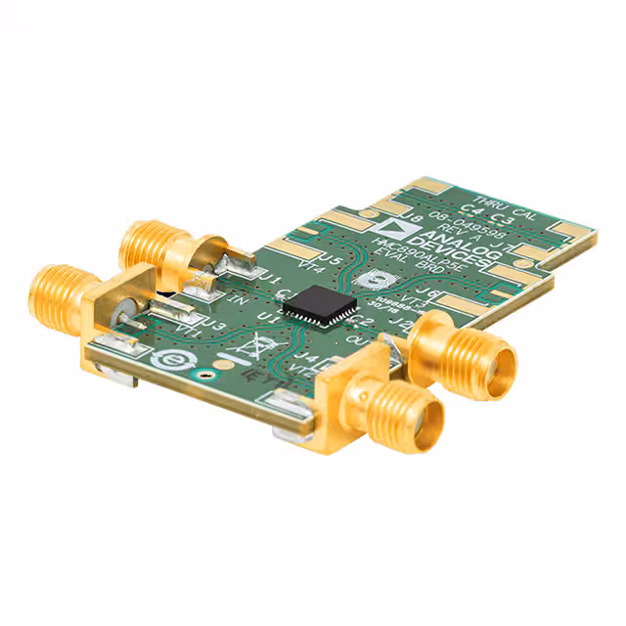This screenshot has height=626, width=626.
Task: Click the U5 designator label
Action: pos(330,261)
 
